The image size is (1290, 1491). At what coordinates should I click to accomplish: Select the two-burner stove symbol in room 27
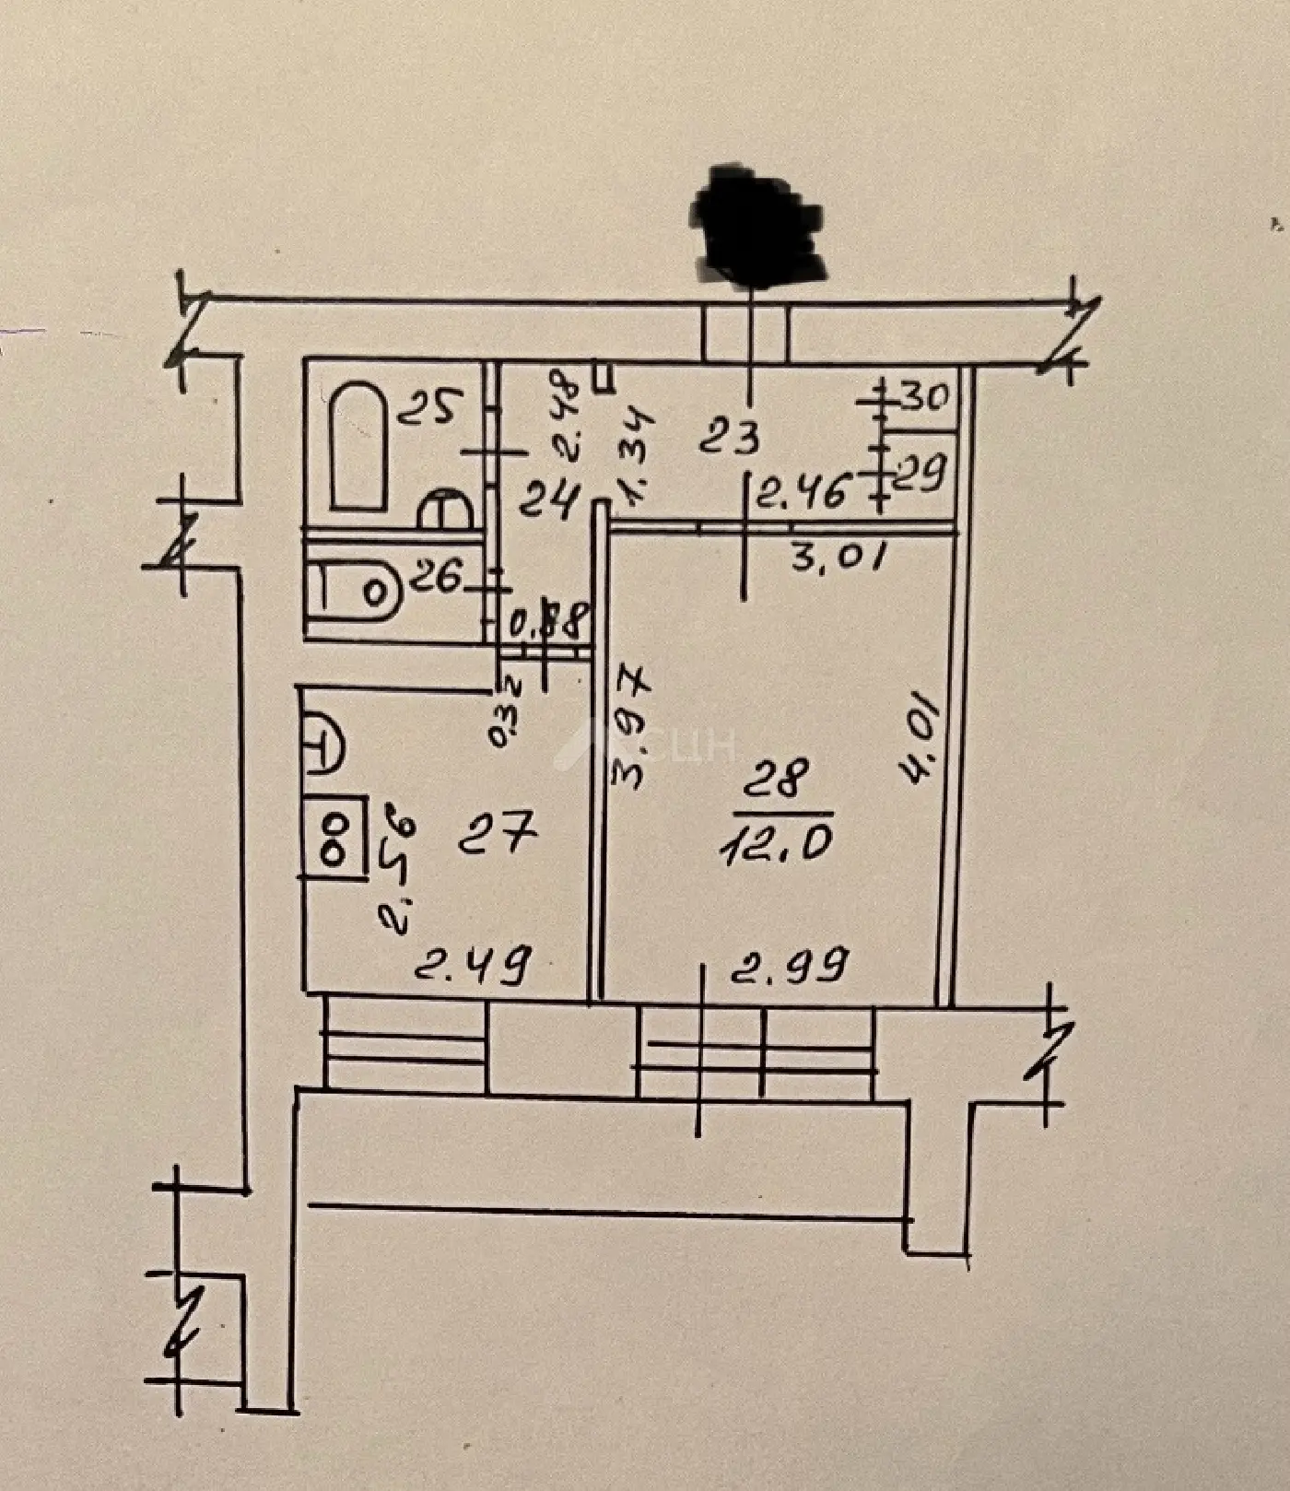click(x=333, y=838)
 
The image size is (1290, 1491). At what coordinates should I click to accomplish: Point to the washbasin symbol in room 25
click(x=446, y=511)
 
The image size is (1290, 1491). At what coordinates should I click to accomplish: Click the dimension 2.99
click(x=789, y=967)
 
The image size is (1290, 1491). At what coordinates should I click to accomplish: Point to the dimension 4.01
click(x=922, y=739)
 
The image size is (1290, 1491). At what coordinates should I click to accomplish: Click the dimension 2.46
click(x=801, y=494)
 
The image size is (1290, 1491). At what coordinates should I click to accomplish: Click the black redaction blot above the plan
click(x=756, y=225)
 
